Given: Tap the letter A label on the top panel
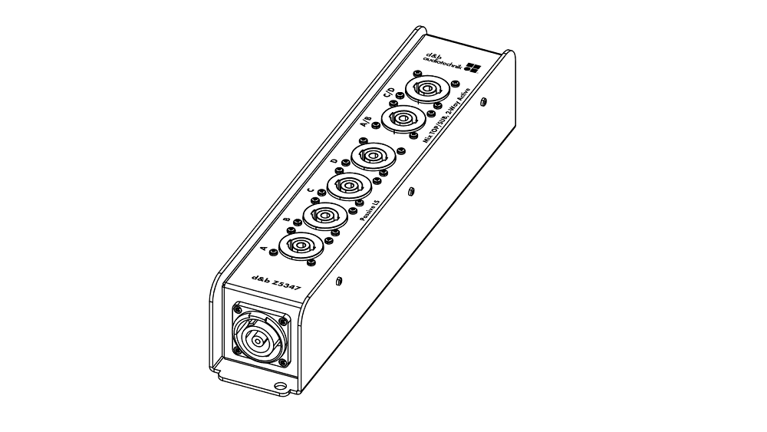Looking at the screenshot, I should (265, 248).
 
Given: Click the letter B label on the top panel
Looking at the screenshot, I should (287, 220).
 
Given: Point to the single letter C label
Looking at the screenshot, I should (310, 190).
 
